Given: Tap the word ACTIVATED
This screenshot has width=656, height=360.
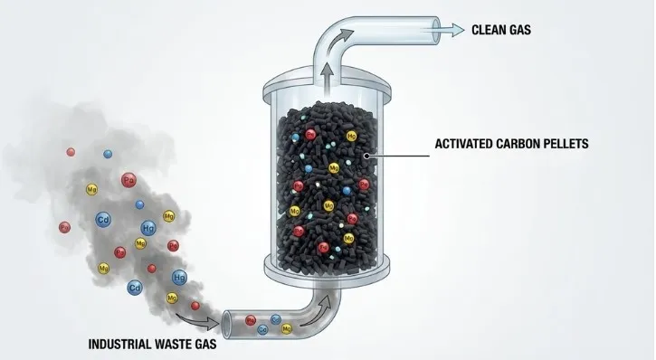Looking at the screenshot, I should [x=461, y=143].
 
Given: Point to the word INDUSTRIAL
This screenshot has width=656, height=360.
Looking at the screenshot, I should [x=124, y=344].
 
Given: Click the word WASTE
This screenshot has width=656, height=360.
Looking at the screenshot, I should [x=182, y=344].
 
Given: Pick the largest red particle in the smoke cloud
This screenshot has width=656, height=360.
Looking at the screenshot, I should [x=128, y=179].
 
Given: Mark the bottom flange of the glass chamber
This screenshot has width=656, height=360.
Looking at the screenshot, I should [x=327, y=265].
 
